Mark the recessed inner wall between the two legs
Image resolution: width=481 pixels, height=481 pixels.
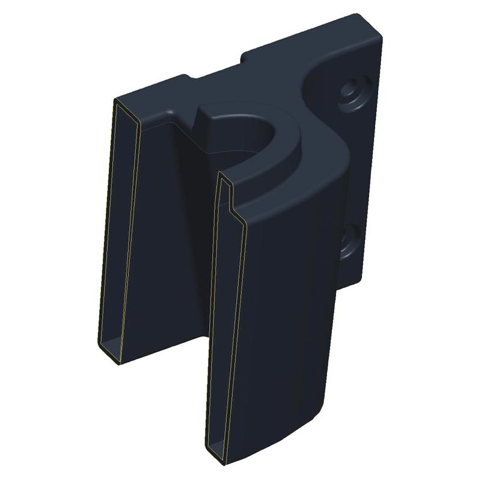(x=180, y=240)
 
